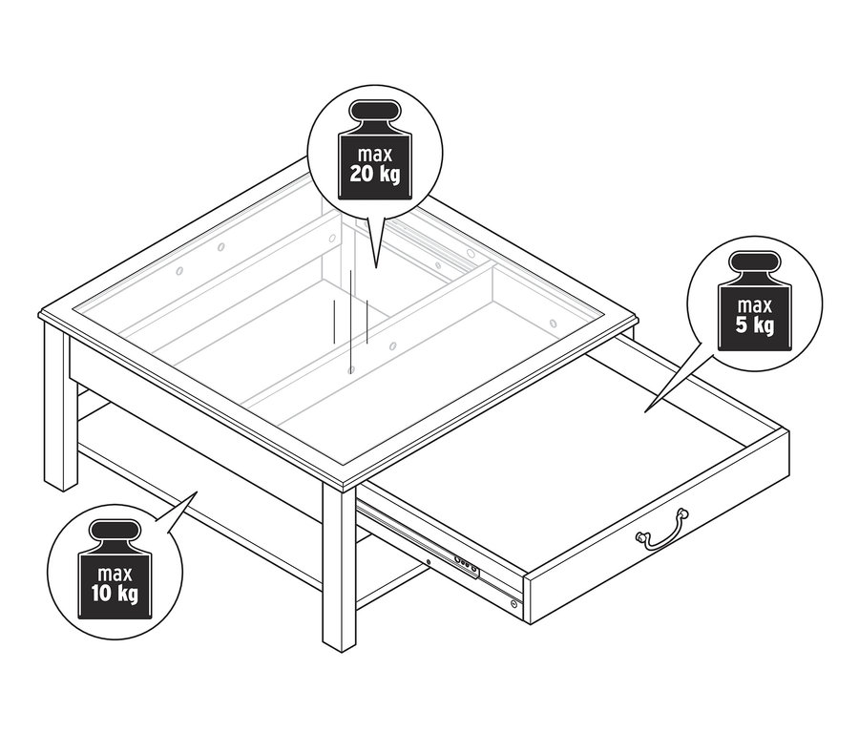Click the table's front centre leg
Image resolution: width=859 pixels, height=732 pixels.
pyautogui.click(x=339, y=573)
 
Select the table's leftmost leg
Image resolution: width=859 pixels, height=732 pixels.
pyautogui.click(x=58, y=410)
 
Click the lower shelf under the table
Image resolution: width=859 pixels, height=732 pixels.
pyautogui.click(x=191, y=477)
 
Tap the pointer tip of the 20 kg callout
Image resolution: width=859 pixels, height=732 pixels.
pyautogui.click(x=374, y=265)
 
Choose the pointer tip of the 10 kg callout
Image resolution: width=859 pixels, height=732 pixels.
pyautogui.click(x=197, y=492)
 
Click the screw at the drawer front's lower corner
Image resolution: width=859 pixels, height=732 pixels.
pyautogui.click(x=515, y=603)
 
